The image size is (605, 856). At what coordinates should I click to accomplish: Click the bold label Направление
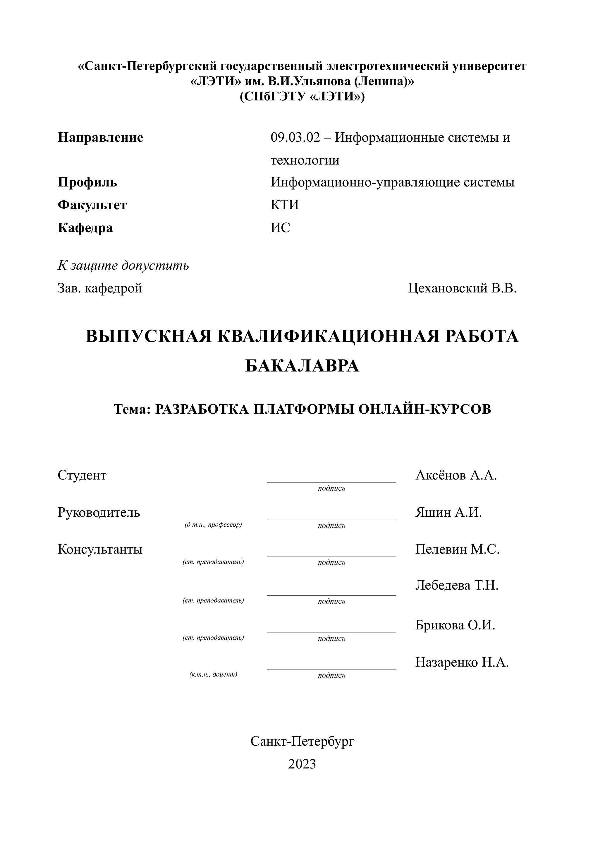pyautogui.click(x=100, y=138)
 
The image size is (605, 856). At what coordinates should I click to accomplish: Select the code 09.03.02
pyautogui.click(x=295, y=138)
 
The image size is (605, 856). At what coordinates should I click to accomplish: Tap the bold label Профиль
pyautogui.click(x=87, y=182)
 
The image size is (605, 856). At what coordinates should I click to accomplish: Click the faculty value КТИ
pyautogui.click(x=285, y=205)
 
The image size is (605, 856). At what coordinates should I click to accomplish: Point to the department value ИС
pyautogui.click(x=280, y=227)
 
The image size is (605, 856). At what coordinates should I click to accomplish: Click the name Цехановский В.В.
pyautogui.click(x=462, y=288)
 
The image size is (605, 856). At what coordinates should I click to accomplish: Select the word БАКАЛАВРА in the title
pyautogui.click(x=302, y=366)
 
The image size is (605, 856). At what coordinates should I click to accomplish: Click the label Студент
pyautogui.click(x=82, y=475)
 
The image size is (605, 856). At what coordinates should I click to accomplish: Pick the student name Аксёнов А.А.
pyautogui.click(x=456, y=475)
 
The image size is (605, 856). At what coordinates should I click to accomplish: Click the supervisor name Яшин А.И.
pyautogui.click(x=448, y=513)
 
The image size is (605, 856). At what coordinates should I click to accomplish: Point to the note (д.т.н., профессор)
pyautogui.click(x=213, y=525)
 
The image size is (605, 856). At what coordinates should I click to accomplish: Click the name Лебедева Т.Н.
pyautogui.click(x=457, y=586)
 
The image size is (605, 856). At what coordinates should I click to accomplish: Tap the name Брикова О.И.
pyautogui.click(x=455, y=625)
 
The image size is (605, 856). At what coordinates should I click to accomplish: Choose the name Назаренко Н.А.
pyautogui.click(x=462, y=662)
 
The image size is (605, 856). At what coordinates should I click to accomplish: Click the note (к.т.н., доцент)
pyautogui.click(x=213, y=674)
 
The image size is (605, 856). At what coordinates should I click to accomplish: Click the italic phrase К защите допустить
pyautogui.click(x=123, y=266)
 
